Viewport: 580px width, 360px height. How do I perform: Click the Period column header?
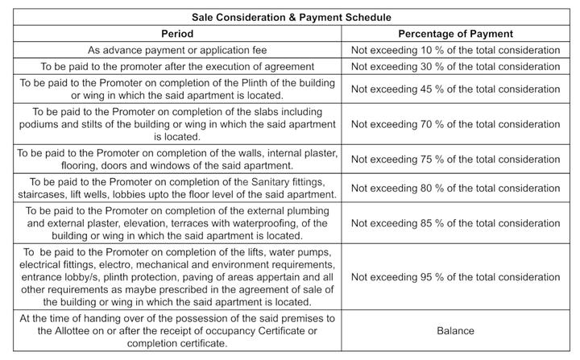coord(176,34)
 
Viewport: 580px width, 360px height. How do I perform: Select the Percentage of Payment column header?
coord(455,34)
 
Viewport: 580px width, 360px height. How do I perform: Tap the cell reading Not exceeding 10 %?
coord(455,49)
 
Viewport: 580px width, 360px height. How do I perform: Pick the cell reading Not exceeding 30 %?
coord(455,65)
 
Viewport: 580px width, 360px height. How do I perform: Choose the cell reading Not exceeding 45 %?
coord(455,88)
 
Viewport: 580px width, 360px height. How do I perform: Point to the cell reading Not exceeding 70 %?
coord(455,124)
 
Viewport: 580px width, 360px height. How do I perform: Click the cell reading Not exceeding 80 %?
coord(455,188)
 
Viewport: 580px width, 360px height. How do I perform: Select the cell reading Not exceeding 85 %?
coord(455,223)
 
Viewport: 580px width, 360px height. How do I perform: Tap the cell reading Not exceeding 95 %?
coord(455,276)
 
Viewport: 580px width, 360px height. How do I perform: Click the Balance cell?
coord(455,330)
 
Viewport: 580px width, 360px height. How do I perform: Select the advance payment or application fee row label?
coord(176,49)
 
